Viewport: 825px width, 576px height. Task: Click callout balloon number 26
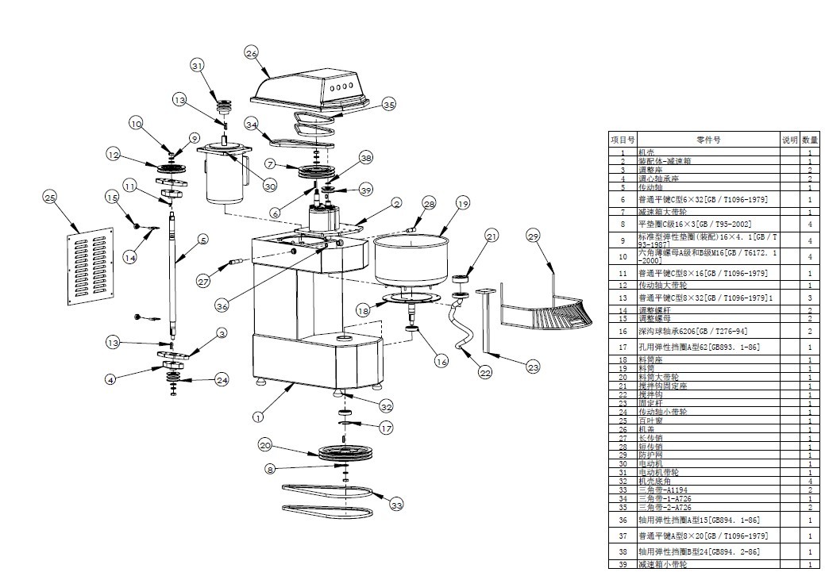(252, 53)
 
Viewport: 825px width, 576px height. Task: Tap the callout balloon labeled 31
(198, 65)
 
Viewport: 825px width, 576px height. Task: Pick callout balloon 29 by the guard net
(533, 236)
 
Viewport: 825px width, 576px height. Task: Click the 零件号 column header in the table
(708, 139)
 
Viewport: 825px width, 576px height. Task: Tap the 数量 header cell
(809, 139)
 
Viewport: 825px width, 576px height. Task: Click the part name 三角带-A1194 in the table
(665, 490)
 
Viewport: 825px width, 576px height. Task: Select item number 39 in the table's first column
(623, 564)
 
